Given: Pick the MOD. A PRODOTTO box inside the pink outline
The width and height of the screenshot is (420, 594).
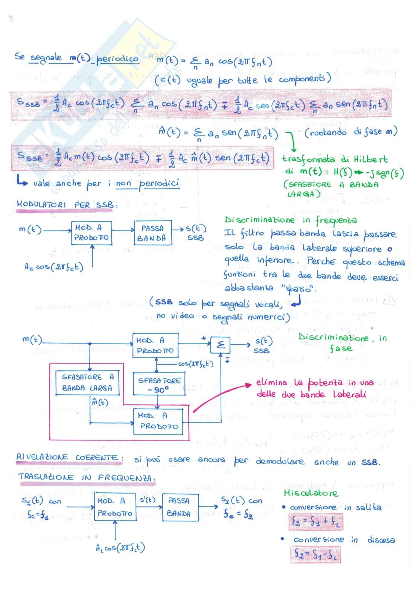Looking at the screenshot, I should (158, 421).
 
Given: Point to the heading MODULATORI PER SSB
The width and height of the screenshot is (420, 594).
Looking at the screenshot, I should (67, 205).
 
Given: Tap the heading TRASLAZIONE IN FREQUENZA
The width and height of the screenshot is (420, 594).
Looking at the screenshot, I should (86, 477).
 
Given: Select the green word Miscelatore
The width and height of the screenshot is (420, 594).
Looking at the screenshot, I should (311, 493).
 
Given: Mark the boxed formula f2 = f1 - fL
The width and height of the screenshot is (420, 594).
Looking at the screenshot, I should (315, 555).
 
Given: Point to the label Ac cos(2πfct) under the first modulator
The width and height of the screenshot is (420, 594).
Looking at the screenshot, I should (54, 267).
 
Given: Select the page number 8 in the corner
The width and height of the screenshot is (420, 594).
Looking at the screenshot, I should (11, 19).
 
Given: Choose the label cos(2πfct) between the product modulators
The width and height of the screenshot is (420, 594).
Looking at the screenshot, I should (196, 364).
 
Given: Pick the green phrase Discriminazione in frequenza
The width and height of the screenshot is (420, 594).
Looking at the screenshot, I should (291, 220).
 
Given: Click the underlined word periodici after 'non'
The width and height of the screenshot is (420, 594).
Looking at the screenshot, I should (159, 184).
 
